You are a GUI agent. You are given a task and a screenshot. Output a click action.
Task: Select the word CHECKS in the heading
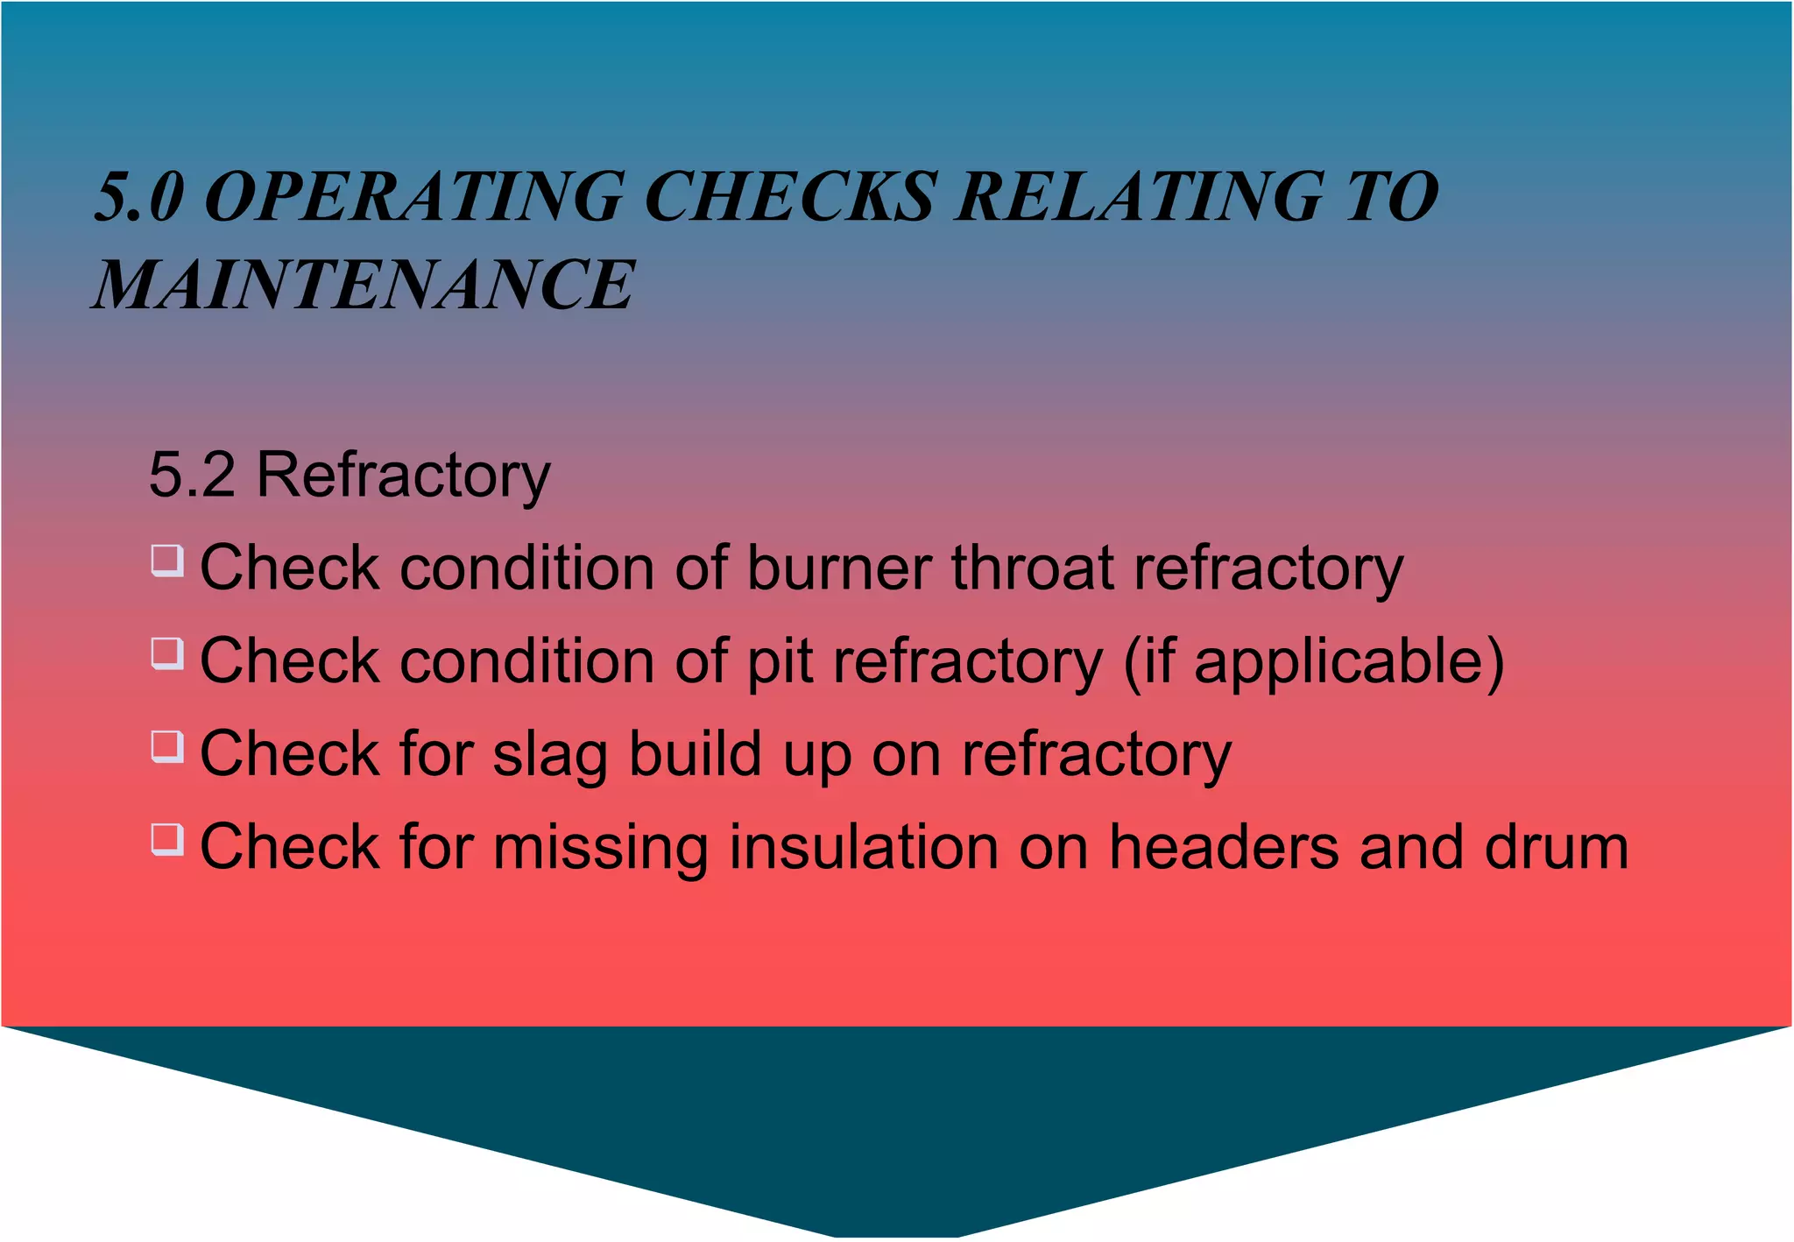pos(789,196)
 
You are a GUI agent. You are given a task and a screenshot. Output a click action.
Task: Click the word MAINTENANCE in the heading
pos(364,286)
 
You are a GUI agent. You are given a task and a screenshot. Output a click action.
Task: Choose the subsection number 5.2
pos(192,476)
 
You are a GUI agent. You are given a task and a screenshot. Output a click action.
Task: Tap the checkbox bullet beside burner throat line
pos(166,561)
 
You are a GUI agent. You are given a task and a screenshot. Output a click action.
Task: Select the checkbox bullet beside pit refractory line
pos(166,653)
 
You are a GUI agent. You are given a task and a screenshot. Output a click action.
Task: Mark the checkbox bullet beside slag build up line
pos(166,746)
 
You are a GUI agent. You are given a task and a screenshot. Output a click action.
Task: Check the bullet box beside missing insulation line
pos(166,839)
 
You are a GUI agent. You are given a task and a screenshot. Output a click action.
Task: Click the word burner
pos(838,568)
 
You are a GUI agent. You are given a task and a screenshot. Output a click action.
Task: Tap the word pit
pos(779,661)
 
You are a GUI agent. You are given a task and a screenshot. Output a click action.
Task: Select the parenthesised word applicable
pos(1340,661)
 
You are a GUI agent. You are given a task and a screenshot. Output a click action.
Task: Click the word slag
pos(549,755)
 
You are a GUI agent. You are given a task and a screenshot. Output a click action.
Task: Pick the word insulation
pos(863,847)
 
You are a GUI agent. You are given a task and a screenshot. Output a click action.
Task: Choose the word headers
pos(1224,847)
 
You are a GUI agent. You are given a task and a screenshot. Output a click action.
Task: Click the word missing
pos(600,848)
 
